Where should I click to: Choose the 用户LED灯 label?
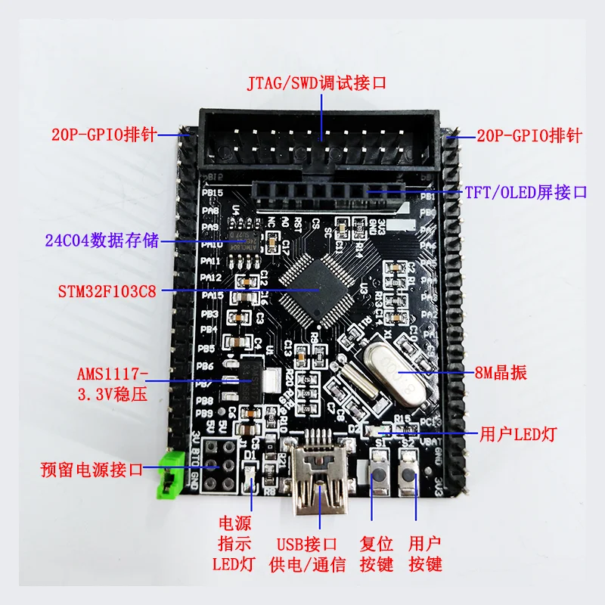[519, 435]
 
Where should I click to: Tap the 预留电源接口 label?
[92, 469]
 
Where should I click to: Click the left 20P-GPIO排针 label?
[104, 136]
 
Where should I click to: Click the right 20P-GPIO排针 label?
[529, 136]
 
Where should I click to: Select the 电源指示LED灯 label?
[234, 543]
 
